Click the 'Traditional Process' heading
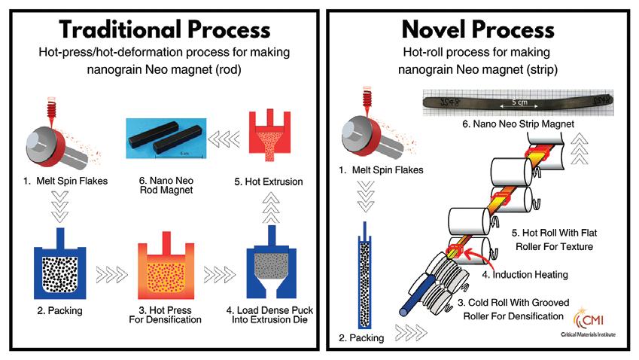tap(165, 30)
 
